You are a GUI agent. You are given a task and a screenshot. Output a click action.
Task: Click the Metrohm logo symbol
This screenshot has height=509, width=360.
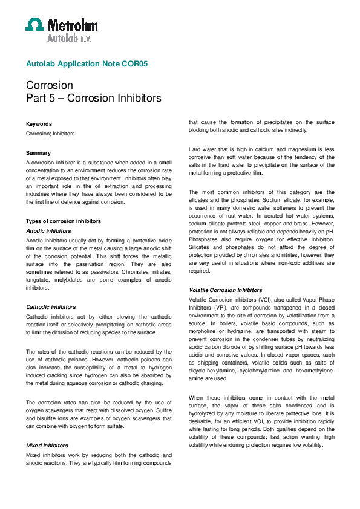click(x=35, y=24)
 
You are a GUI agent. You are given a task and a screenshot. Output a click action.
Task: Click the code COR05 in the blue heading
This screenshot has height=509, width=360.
click(x=136, y=63)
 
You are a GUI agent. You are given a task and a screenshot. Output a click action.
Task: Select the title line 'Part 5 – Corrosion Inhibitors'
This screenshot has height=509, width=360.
click(x=93, y=98)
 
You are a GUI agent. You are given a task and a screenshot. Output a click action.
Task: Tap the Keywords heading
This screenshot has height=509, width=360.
click(x=39, y=124)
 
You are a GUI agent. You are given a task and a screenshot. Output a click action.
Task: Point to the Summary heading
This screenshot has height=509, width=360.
click(x=38, y=153)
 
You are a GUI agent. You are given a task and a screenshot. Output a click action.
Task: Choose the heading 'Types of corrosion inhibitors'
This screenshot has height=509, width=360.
click(x=64, y=221)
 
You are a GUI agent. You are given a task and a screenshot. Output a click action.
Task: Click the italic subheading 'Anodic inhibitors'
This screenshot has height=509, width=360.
click(x=48, y=230)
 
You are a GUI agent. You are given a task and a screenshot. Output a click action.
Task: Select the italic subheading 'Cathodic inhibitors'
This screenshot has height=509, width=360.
click(x=51, y=307)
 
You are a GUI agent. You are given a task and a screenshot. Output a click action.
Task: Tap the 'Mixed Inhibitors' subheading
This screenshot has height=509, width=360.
click(x=47, y=446)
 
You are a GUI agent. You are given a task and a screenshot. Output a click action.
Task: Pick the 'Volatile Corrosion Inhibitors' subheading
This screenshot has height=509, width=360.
click(x=226, y=290)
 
